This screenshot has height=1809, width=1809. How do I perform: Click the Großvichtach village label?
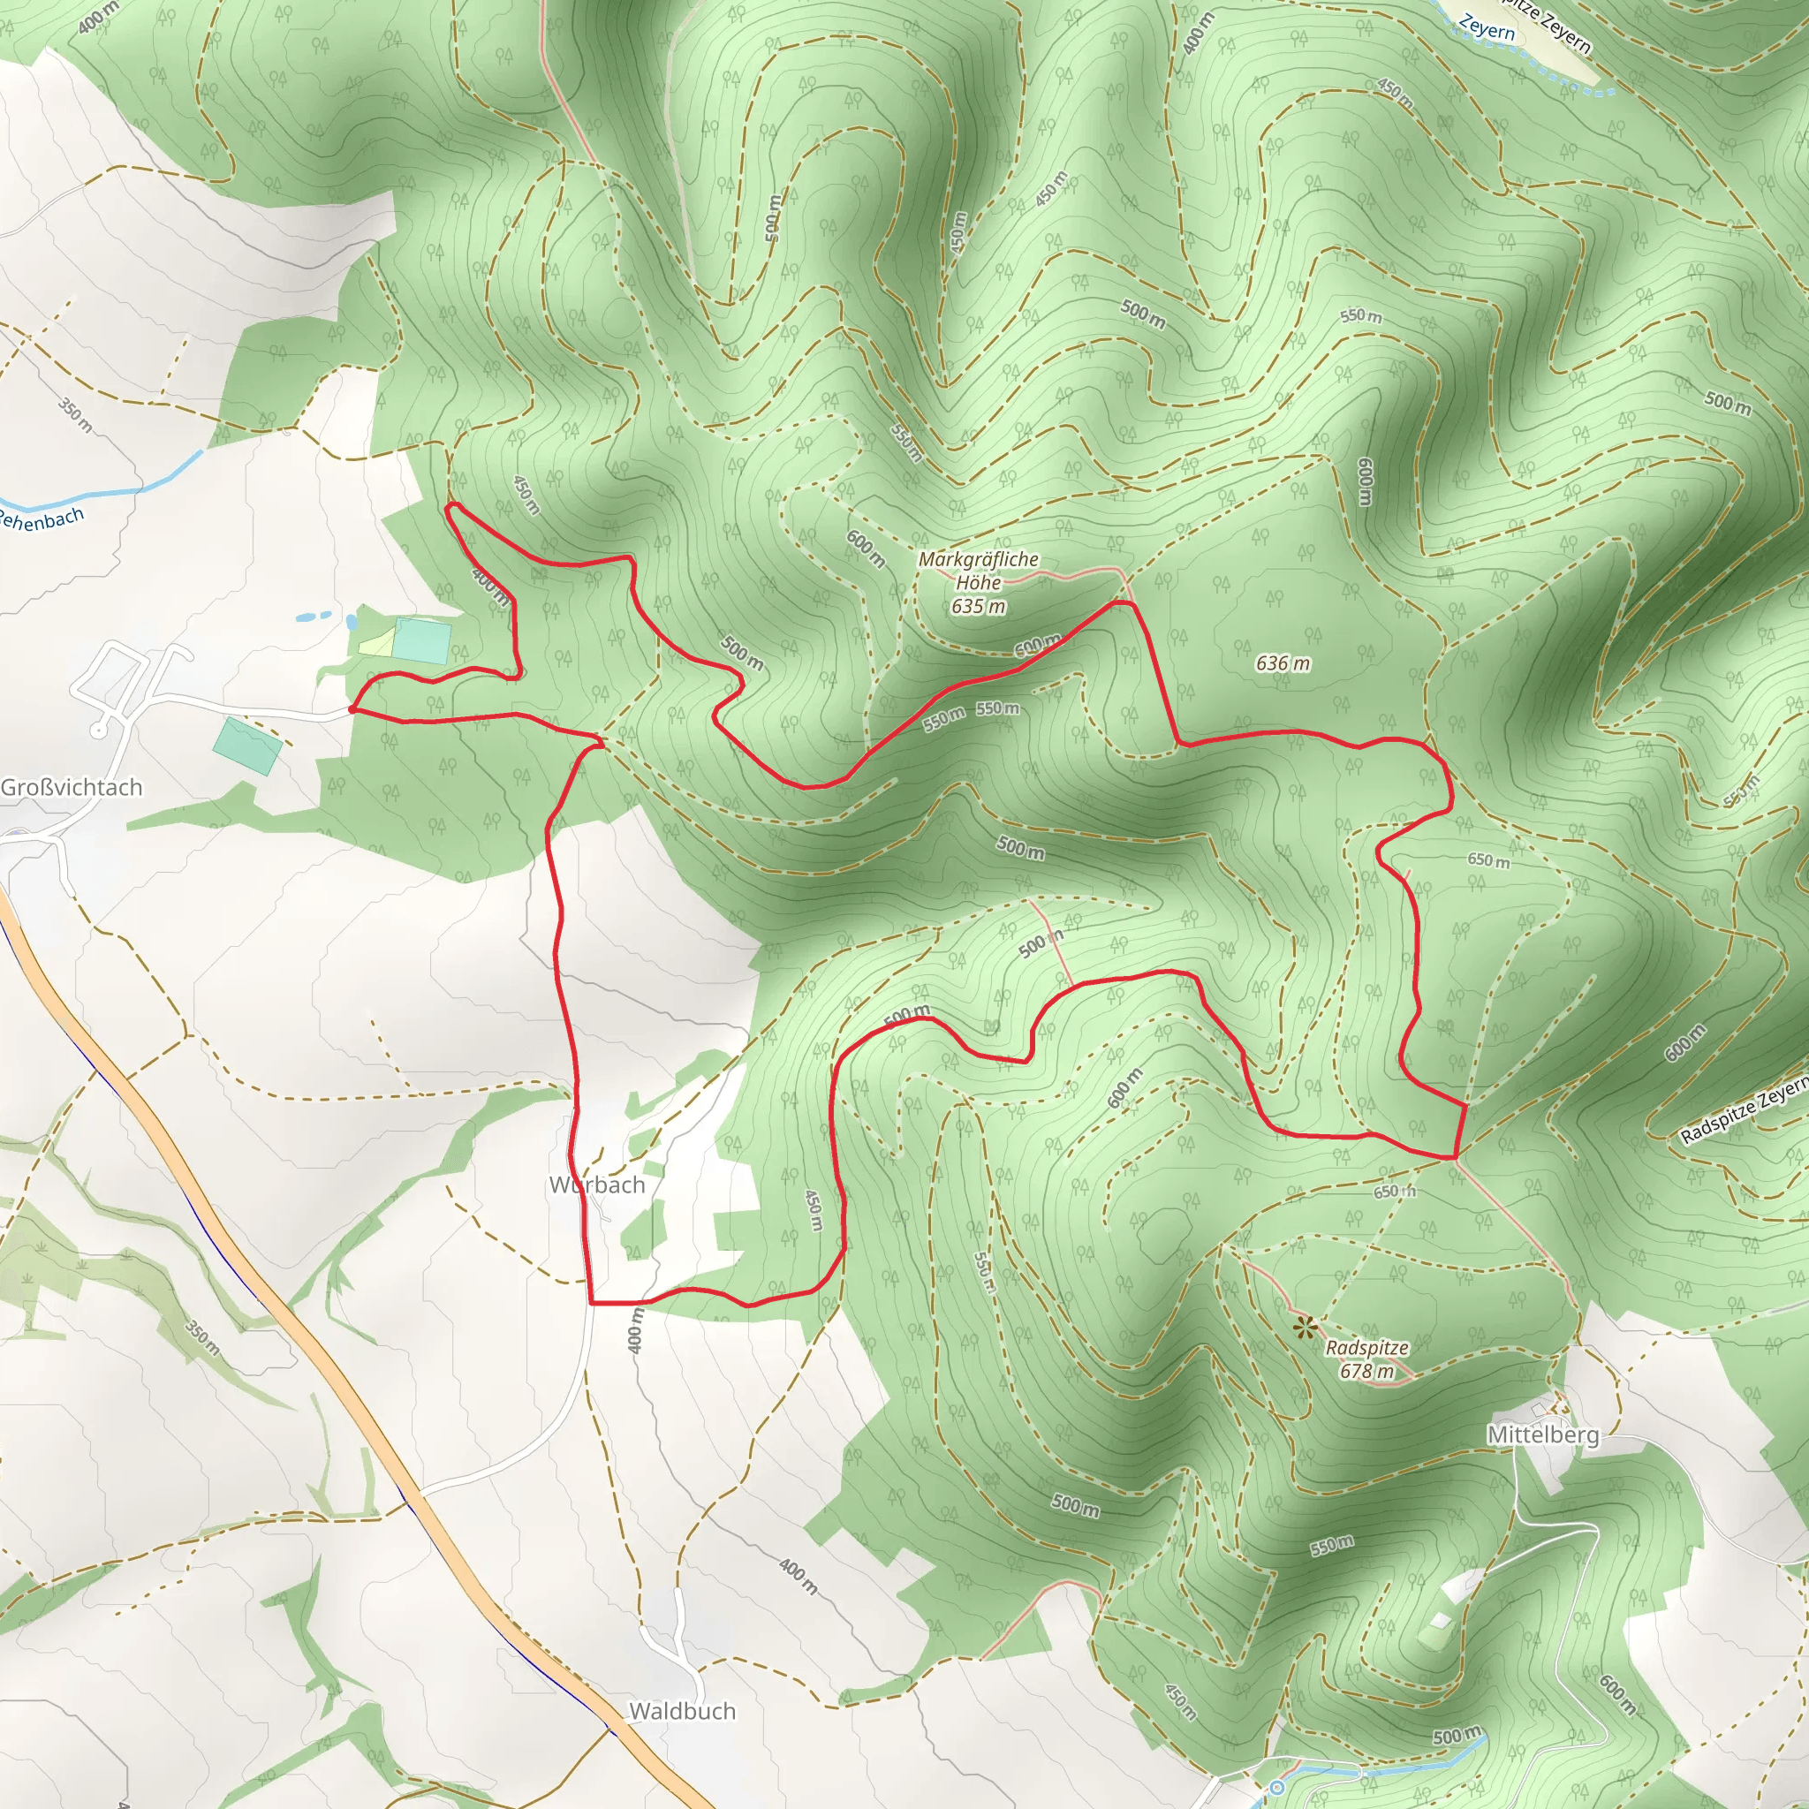click(72, 787)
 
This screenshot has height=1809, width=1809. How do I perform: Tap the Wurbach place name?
click(597, 1185)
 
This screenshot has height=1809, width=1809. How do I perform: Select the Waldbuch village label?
click(682, 1711)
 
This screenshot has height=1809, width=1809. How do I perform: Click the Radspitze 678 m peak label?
click(1366, 1359)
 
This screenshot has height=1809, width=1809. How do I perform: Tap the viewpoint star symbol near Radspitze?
click(1305, 1326)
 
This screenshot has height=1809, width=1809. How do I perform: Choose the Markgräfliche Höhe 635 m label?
click(979, 582)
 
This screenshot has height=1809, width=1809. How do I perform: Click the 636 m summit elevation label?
click(1283, 664)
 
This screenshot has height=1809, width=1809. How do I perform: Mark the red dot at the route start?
click(352, 710)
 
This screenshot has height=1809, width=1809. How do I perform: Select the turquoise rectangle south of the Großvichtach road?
click(247, 746)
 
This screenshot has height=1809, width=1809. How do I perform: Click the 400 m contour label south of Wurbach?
click(636, 1330)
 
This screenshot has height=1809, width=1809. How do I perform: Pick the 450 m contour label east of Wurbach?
click(814, 1211)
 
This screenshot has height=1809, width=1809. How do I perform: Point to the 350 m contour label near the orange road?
click(202, 1339)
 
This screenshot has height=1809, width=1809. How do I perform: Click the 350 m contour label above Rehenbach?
click(76, 415)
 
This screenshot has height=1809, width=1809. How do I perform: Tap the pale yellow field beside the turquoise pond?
click(376, 644)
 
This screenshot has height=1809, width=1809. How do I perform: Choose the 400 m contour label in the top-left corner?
click(98, 17)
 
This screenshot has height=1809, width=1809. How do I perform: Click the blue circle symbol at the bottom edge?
click(1276, 1789)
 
